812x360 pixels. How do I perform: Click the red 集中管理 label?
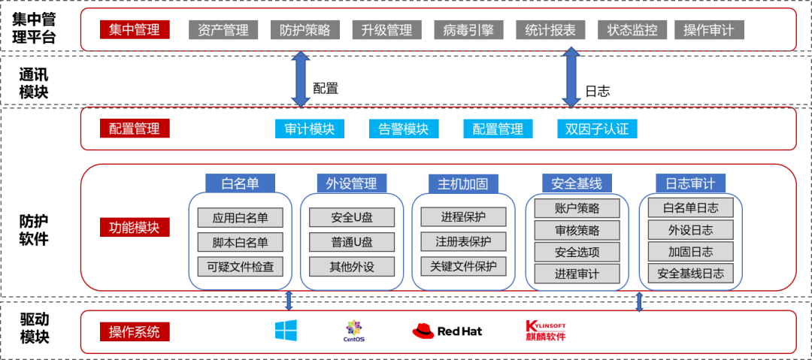[x=134, y=30]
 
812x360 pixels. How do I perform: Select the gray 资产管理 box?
[x=223, y=30]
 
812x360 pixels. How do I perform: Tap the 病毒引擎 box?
[x=468, y=30]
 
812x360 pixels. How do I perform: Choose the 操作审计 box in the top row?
[x=709, y=30]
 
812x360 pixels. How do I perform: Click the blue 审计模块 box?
[x=310, y=129]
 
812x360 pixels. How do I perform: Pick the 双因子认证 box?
[x=597, y=129]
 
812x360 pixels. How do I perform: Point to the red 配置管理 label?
[x=134, y=129]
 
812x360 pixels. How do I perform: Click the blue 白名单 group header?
[x=240, y=183]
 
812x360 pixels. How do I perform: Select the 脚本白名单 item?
[x=240, y=242]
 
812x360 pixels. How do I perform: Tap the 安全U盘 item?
[x=352, y=218]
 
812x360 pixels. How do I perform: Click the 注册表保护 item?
[x=463, y=241]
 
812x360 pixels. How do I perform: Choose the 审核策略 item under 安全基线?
[x=577, y=230]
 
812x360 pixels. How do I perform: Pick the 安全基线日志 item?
[x=690, y=274]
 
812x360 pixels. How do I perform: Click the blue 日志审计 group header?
[x=690, y=183]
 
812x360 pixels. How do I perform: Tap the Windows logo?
[x=286, y=331]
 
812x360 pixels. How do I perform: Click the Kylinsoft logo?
[x=544, y=331]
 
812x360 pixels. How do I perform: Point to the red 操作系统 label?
[x=134, y=331]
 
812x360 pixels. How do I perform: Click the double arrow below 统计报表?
[x=571, y=77]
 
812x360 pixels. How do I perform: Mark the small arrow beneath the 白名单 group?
[x=289, y=301]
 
